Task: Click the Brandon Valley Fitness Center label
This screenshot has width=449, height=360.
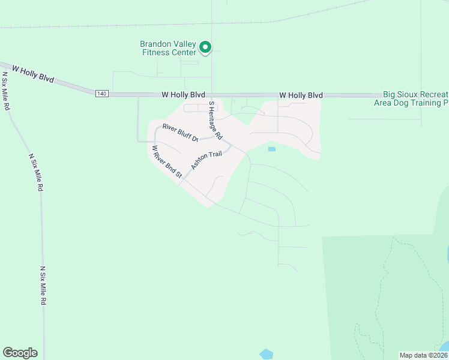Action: click(x=167, y=48)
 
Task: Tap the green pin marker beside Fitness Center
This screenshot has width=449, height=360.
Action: click(x=205, y=47)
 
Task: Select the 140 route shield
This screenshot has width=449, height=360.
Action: click(x=101, y=93)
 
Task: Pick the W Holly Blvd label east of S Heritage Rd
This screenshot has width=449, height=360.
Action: click(x=301, y=95)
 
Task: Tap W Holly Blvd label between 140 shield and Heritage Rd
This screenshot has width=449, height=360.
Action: click(x=183, y=95)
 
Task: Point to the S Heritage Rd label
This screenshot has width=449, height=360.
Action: click(x=215, y=119)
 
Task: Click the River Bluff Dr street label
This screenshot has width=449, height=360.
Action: click(x=180, y=133)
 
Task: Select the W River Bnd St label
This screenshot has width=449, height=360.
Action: click(x=166, y=161)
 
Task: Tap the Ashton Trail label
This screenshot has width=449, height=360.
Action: click(x=206, y=160)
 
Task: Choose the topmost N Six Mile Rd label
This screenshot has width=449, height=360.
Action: click(x=7, y=91)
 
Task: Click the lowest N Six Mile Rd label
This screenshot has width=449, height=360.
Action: click(x=43, y=286)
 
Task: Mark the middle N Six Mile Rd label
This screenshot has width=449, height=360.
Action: click(x=36, y=172)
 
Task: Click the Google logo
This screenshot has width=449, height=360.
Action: click(x=20, y=352)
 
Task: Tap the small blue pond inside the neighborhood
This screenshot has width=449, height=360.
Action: click(x=271, y=149)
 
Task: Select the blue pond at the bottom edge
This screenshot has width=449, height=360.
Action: click(x=266, y=354)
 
